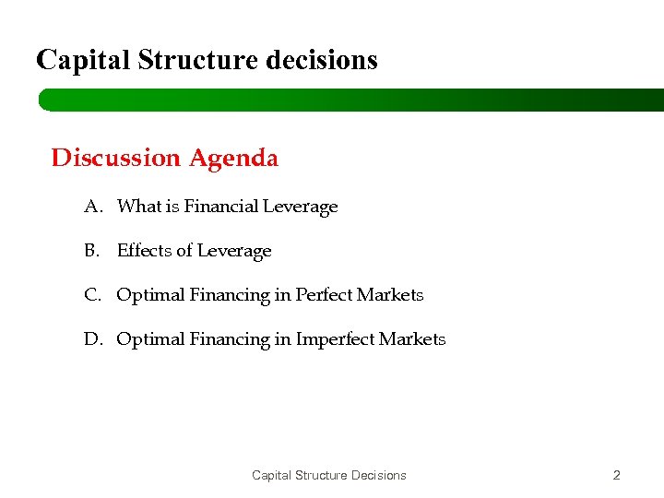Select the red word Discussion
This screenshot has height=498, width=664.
116,159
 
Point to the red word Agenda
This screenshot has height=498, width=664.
233,159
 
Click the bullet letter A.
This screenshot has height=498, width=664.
92,207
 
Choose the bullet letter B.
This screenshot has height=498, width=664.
92,251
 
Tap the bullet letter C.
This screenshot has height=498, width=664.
92,295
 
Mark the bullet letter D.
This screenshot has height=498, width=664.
92,339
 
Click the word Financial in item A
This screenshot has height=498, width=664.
221,207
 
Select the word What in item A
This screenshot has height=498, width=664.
139,207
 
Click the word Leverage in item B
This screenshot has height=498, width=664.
234,251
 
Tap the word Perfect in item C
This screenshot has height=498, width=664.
325,295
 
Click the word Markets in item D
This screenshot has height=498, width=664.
412,339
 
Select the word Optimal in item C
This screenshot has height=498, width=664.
150,295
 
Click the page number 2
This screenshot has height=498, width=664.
617,476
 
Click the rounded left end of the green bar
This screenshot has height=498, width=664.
44,100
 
